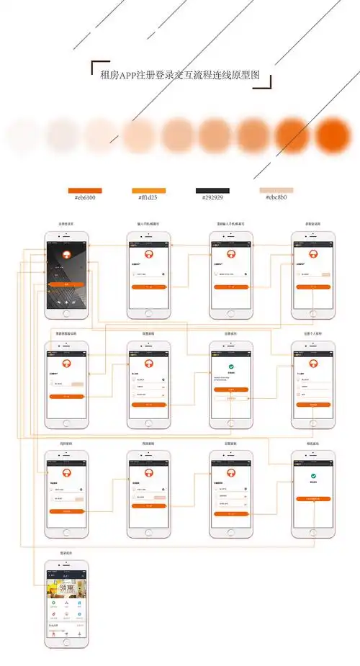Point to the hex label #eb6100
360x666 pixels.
[84, 197]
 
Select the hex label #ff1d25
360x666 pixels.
[148, 197]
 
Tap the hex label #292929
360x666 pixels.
[212, 197]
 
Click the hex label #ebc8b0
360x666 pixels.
[276, 197]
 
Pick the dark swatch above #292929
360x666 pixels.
[212, 190]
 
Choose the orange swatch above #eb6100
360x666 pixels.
[84, 190]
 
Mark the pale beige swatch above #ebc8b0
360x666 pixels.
[276, 190]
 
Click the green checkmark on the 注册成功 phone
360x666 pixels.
[230, 367]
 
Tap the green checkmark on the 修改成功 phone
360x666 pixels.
[313, 477]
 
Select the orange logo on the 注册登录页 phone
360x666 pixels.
[67, 255]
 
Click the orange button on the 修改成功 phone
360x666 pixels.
[313, 498]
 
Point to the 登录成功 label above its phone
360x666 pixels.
[67, 553]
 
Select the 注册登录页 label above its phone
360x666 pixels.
[67, 225]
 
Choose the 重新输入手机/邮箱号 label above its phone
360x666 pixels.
[230, 225]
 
